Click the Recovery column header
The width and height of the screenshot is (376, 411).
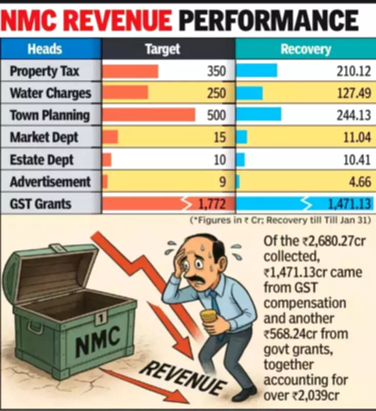[306, 49]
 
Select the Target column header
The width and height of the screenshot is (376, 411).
[163, 49]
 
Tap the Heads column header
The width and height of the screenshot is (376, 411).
[45, 49]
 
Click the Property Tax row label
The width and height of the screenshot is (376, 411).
[45, 71]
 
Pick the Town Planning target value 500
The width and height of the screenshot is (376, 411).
[216, 115]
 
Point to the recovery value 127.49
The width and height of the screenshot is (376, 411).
[353, 93]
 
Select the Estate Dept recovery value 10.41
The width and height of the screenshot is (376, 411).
[357, 160]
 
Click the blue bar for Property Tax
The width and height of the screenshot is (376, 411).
[256, 71]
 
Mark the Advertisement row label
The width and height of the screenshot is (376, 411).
[50, 182]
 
